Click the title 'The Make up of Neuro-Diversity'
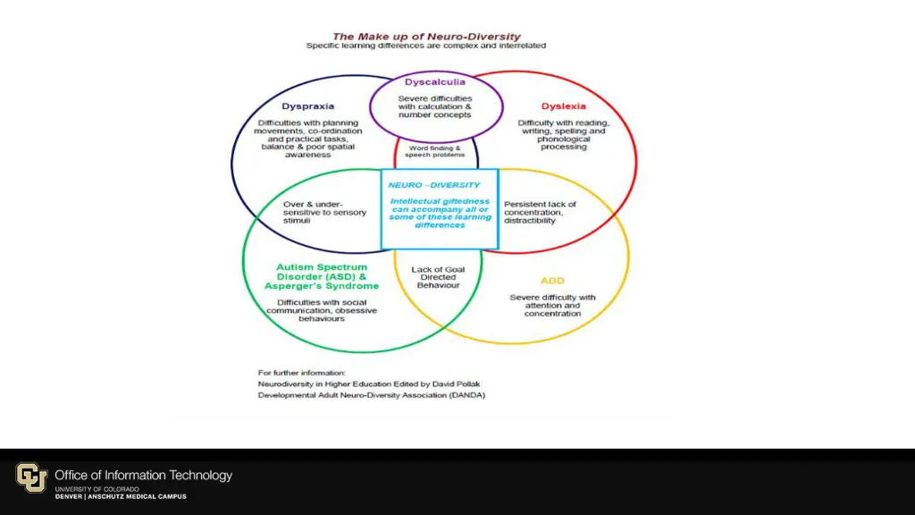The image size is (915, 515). pyautogui.click(x=426, y=37)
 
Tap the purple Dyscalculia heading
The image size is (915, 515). pyautogui.click(x=435, y=82)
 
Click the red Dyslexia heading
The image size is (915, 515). pyautogui.click(x=563, y=106)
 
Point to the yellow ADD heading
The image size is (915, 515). pyautogui.click(x=552, y=281)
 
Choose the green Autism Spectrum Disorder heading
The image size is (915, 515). pyautogui.click(x=322, y=276)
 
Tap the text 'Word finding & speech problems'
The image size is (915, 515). pyautogui.click(x=435, y=151)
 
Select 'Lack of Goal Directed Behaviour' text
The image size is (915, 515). pyautogui.click(x=438, y=277)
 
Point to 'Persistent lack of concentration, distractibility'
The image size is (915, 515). pyautogui.click(x=540, y=212)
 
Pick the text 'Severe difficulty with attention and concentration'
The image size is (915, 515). pyautogui.click(x=552, y=305)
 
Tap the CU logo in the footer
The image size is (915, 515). pyautogui.click(x=31, y=477)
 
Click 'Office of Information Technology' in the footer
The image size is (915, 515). pyautogui.click(x=143, y=476)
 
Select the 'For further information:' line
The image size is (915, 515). pyautogui.click(x=301, y=372)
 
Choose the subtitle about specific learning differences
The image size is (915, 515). pyautogui.click(x=426, y=46)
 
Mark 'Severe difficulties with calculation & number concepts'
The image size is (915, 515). pyautogui.click(x=435, y=106)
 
